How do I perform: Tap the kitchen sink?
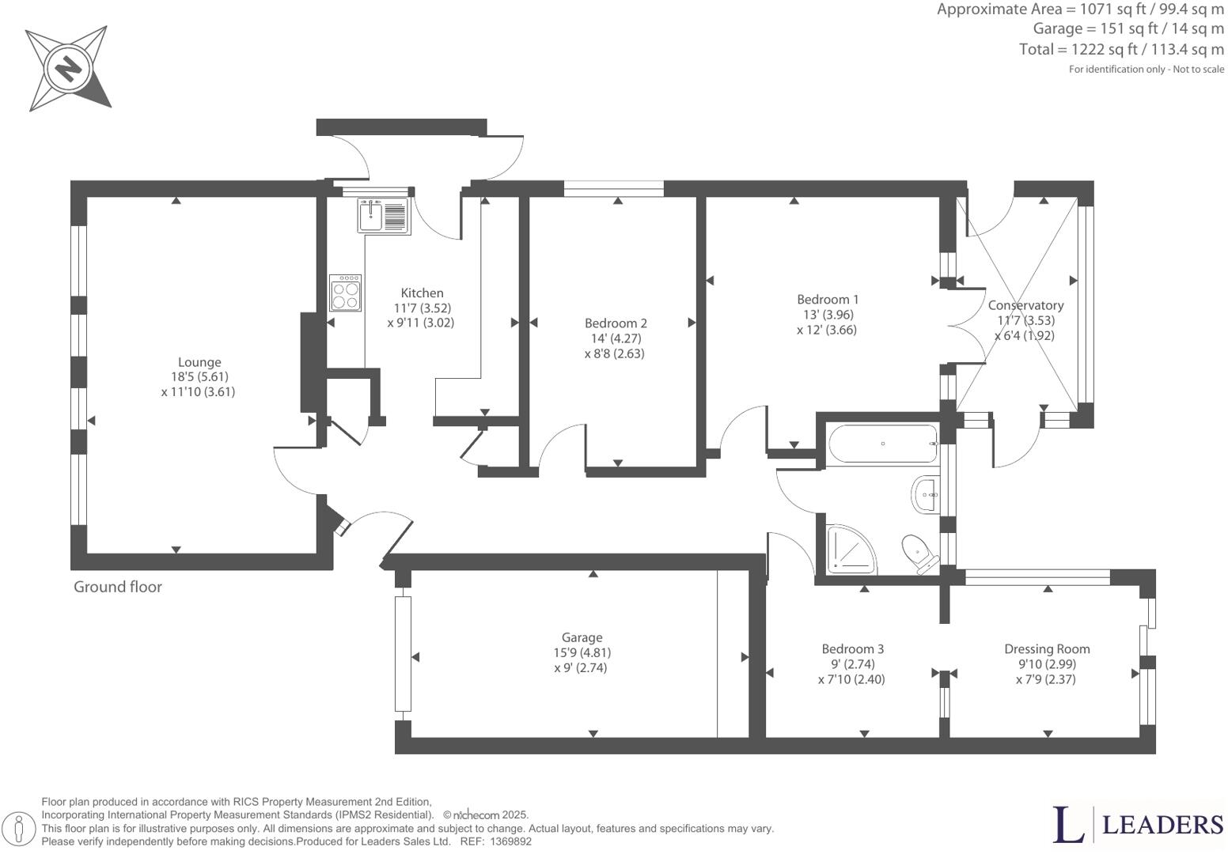click(x=383, y=216)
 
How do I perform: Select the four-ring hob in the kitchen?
click(x=346, y=293)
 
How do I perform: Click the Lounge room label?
click(x=199, y=362)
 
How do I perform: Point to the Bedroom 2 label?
click(x=616, y=323)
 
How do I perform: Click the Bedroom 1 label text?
click(x=827, y=299)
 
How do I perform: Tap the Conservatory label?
click(x=1025, y=305)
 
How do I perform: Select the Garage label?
click(x=582, y=637)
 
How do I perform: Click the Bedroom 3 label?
click(x=852, y=648)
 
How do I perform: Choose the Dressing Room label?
click(x=1046, y=648)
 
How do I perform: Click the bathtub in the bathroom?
click(x=881, y=444)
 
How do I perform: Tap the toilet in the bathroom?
click(x=918, y=552)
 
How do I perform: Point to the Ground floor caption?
click(x=117, y=587)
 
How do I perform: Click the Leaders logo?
click(x=1138, y=824)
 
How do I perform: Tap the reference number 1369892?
click(x=510, y=842)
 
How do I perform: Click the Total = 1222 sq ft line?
click(x=1121, y=49)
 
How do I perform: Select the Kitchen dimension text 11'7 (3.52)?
click(x=422, y=308)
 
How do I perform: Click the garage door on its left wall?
click(x=404, y=654)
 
